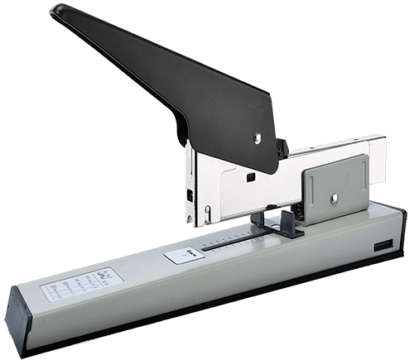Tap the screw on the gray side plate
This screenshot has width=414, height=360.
(334, 196)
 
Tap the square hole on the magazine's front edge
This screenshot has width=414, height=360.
(190, 196)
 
